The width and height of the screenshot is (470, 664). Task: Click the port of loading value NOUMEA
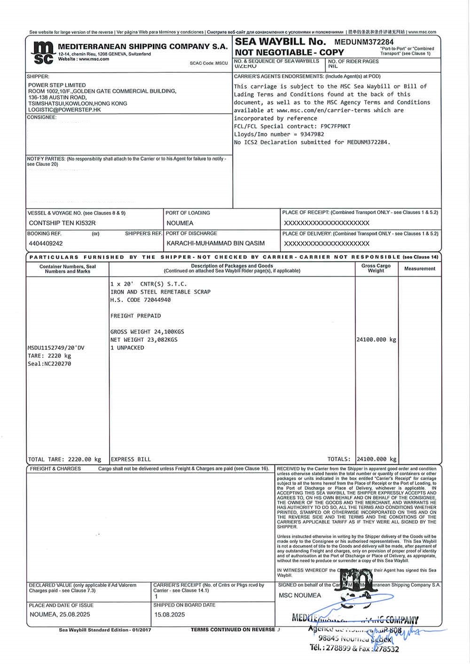tap(180, 223)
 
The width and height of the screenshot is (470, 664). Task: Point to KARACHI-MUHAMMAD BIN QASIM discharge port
tap(215, 243)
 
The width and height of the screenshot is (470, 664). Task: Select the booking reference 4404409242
tap(46, 243)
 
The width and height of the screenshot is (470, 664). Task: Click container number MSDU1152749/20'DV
tap(56, 348)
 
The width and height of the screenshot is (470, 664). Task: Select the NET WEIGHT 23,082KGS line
tap(144, 340)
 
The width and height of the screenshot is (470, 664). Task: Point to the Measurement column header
tap(420, 269)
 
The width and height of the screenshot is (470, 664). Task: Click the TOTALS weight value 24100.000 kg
tap(376, 459)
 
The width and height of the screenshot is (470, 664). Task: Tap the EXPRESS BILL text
tap(131, 459)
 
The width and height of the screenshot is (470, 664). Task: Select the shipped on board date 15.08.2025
tap(170, 614)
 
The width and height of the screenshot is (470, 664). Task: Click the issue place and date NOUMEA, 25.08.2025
tap(60, 614)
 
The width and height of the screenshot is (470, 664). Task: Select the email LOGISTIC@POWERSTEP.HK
tap(64, 109)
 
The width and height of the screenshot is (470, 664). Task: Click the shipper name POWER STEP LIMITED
tap(57, 85)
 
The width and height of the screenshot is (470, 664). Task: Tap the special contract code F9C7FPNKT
tap(336, 126)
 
